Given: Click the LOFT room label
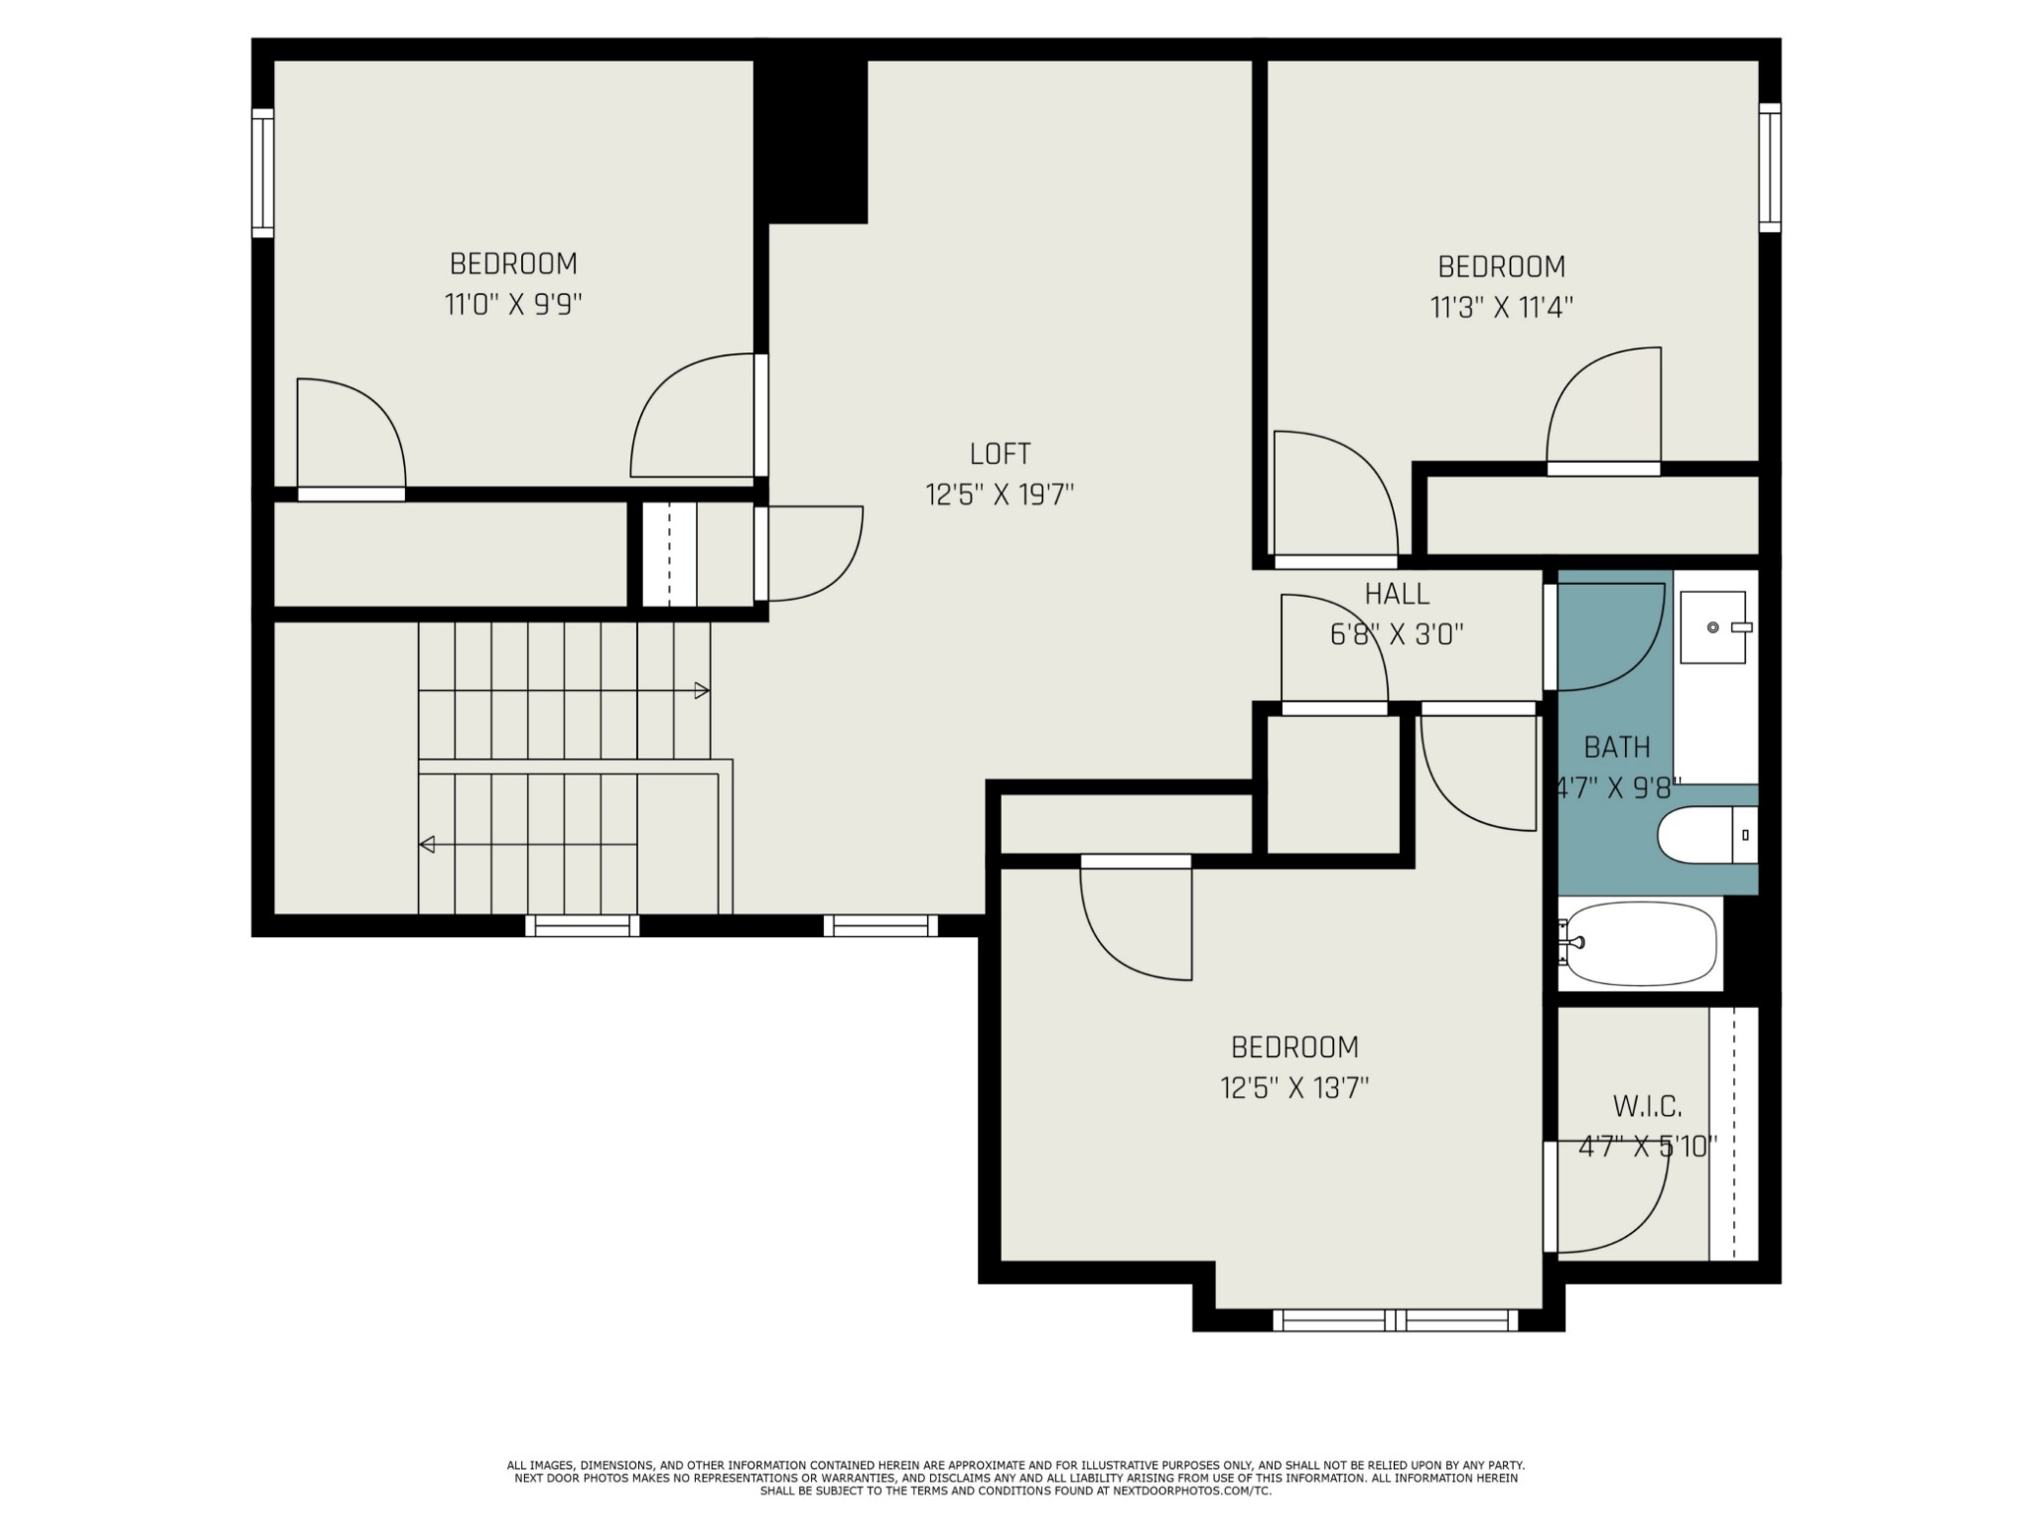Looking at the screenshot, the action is pos(1000,454).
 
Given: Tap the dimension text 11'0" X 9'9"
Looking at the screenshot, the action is pos(512,304).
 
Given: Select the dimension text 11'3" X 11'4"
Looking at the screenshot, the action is pos(1501,307).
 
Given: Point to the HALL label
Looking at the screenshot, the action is pos(1397,594).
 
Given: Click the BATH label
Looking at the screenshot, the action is pos(1617,747).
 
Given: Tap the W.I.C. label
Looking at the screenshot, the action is pos(1647,1106).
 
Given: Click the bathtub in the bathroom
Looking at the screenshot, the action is pos(1639,943).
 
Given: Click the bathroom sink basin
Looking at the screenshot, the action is pos(1712,627).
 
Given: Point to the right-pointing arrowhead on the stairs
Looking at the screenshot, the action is pos(702,690).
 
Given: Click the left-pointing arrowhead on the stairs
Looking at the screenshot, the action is pos(427,845).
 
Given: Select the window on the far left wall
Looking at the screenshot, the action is pos(263,173).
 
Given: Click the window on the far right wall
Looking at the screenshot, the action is pos(1770,168).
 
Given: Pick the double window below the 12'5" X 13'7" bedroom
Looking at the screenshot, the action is pos(1396,1320).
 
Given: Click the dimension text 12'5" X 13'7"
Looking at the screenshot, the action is pos(1294,1088).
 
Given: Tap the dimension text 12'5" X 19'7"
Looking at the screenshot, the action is pos(1000,494).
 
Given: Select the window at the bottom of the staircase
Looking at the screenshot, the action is pos(583,925).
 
